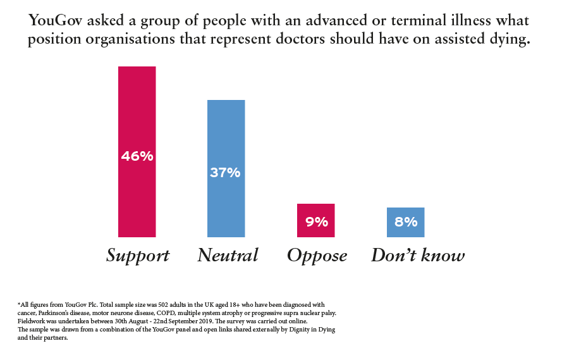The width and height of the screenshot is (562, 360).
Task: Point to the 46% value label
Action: click(x=137, y=155)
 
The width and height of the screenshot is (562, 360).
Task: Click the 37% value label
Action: click(x=226, y=172)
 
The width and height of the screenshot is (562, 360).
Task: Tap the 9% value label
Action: click(x=316, y=222)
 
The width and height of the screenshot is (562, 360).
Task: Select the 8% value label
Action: click(x=405, y=222)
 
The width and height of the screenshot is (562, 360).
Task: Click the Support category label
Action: click(x=137, y=256)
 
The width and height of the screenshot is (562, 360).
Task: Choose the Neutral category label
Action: click(x=228, y=256)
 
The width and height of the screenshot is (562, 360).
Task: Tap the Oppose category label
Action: click(x=317, y=256)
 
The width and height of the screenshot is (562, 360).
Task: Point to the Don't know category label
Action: click(x=417, y=256)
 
